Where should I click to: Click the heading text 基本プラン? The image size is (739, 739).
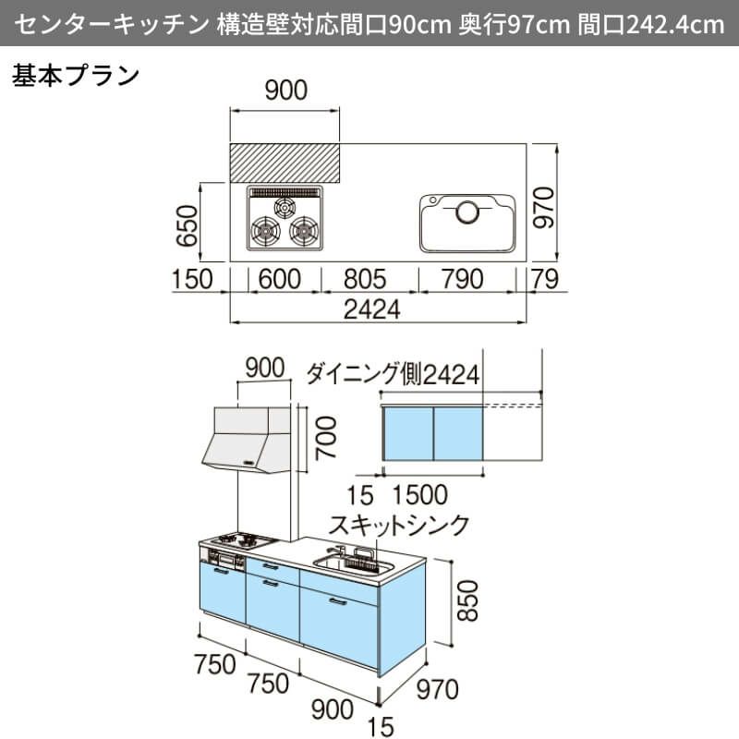[75, 76]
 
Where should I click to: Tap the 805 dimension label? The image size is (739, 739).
[369, 279]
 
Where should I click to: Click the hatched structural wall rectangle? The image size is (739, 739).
[285, 164]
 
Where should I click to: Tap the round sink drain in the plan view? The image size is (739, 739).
[467, 212]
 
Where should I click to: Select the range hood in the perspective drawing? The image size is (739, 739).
[245, 438]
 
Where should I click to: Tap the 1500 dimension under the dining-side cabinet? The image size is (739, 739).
[419, 494]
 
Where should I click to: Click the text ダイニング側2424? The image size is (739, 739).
[393, 374]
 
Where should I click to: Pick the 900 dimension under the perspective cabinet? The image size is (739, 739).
[332, 709]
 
